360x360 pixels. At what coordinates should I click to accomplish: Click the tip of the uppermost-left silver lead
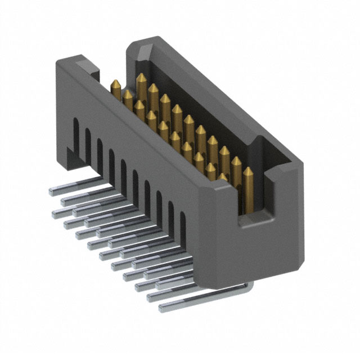tap(52, 191)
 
